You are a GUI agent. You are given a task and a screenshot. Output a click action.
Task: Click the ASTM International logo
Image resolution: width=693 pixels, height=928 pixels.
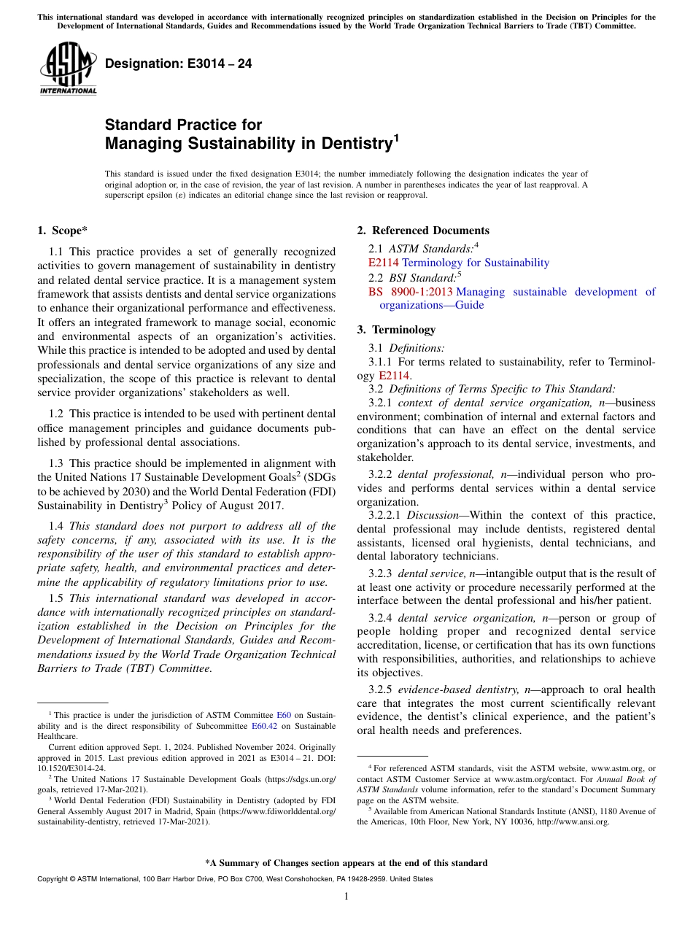click(68, 69)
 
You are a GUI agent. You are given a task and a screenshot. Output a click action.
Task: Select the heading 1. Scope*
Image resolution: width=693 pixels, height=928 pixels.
click(62, 231)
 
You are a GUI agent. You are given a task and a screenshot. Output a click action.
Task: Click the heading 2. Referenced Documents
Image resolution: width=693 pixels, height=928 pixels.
click(423, 231)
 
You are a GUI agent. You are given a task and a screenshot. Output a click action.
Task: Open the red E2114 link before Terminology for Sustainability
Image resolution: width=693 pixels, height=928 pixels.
click(383, 263)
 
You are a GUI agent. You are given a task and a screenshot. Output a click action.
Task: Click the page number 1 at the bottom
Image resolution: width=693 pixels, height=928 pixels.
click(346, 896)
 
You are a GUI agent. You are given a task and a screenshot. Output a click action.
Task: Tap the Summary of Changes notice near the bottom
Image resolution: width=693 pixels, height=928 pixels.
click(346, 863)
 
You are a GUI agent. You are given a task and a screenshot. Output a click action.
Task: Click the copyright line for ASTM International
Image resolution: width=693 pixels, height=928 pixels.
click(235, 879)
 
